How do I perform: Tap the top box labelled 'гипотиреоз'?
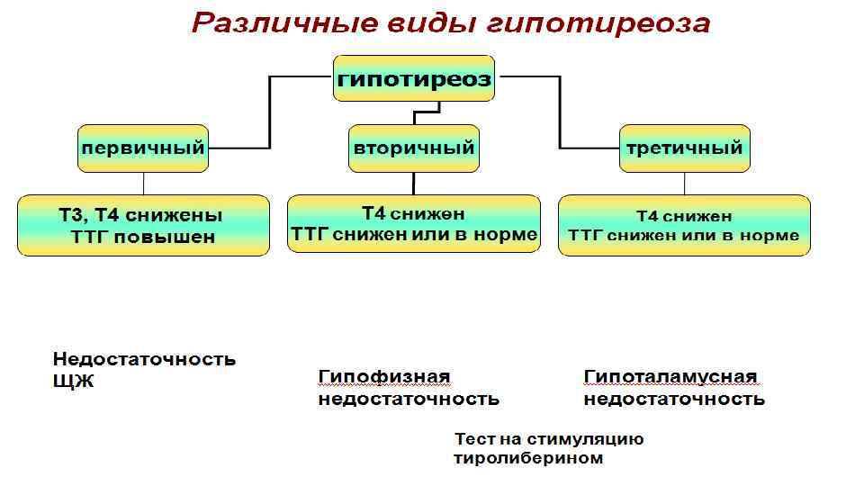point(415,79)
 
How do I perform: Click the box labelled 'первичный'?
point(143,148)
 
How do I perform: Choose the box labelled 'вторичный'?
point(413,148)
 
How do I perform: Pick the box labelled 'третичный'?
point(685,148)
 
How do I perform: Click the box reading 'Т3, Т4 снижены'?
point(143,217)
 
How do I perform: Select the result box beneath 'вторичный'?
point(414,224)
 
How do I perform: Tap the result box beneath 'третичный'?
point(684,226)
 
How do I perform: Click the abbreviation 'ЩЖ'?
point(73,382)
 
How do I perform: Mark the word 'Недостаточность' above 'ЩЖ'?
point(144,360)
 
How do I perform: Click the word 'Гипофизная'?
point(384,376)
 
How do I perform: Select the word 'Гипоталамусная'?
point(670,376)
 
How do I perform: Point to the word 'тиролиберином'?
point(527,459)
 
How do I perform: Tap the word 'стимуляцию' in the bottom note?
point(590,440)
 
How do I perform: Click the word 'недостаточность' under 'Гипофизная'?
point(409,399)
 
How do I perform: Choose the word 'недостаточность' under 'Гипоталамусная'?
point(674,399)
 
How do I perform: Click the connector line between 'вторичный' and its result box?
point(413,184)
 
